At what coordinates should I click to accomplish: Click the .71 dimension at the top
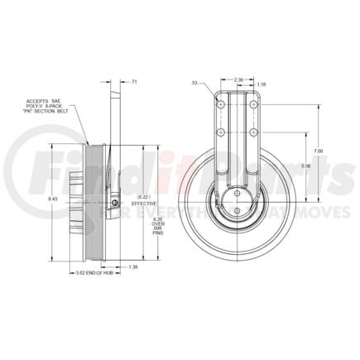135,83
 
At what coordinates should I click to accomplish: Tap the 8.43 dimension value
54,199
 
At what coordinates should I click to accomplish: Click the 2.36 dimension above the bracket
239,79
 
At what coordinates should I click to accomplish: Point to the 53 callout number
195,84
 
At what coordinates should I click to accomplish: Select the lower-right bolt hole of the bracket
251,130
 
